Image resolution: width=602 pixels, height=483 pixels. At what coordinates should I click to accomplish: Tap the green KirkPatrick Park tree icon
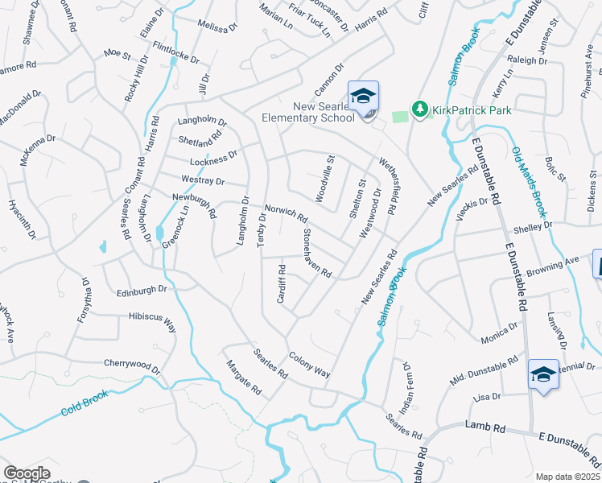pyautogui.click(x=419, y=108)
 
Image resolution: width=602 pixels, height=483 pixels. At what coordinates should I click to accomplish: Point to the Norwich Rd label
pyautogui.click(x=287, y=213)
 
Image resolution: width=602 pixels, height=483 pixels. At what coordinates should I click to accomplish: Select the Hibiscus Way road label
pyautogui.click(x=152, y=322)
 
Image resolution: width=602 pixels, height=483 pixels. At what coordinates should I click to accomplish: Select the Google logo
pyautogui.click(x=27, y=473)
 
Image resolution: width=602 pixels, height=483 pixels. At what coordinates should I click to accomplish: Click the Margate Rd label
pyautogui.click(x=244, y=377)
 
